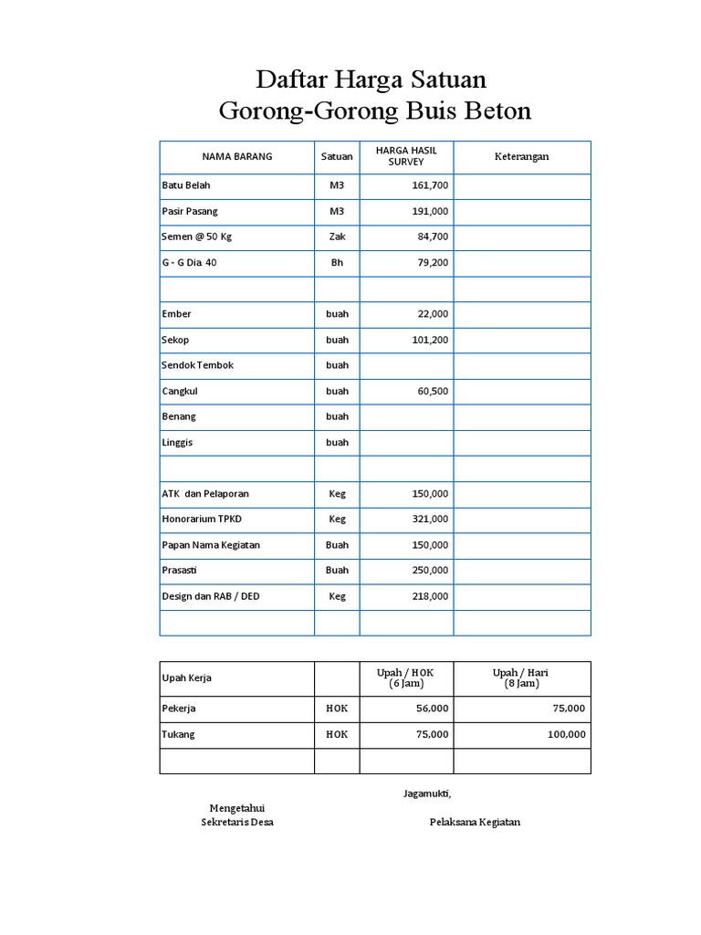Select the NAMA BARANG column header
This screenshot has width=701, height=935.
(237, 157)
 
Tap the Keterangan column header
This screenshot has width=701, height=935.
(521, 157)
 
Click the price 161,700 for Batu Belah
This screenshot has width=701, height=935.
(430, 185)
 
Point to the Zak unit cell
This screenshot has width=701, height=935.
(337, 236)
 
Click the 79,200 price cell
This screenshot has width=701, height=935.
(430, 263)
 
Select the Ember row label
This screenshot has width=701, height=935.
(176, 314)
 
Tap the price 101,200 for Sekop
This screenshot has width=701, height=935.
(430, 340)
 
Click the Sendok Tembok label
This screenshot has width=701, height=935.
(198, 365)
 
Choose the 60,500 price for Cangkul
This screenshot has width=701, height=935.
(433, 391)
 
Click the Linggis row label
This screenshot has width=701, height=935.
(178, 442)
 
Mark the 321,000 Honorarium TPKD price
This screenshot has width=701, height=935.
(430, 519)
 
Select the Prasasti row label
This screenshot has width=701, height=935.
(179, 570)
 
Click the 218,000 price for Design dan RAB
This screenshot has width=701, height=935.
(430, 596)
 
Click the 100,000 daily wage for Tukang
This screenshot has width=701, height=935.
(567, 734)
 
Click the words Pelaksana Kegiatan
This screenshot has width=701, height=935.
(475, 822)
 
